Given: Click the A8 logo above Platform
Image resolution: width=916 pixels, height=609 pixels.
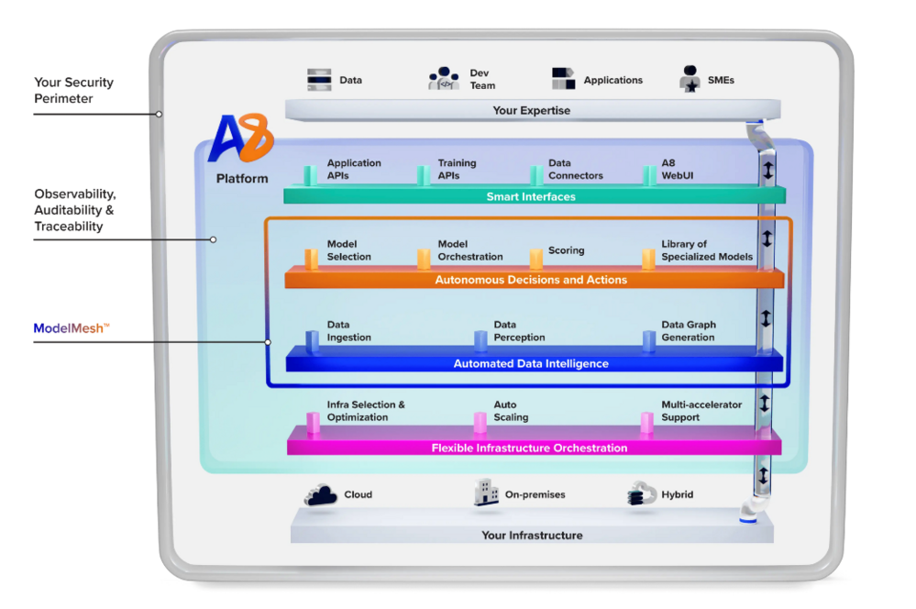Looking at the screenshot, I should pos(241,139).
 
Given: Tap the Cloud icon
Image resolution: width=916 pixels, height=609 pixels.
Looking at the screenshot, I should pos(321,495).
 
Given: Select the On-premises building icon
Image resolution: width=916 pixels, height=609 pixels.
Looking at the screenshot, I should pos(486,493).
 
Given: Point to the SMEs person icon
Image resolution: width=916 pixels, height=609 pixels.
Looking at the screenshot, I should pos(690,79).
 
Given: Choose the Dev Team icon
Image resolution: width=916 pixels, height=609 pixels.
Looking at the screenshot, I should pos(444,79).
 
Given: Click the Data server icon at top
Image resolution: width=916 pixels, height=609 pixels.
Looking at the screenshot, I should pos(319,80).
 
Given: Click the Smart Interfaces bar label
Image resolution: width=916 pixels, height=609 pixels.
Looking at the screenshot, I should pos(531,196).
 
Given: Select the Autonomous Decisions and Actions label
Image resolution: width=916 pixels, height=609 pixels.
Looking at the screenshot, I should pos(531,280).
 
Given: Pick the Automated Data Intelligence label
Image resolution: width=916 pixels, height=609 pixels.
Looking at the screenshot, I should pos(531,364).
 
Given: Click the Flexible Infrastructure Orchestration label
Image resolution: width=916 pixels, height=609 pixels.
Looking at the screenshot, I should pos(530,448).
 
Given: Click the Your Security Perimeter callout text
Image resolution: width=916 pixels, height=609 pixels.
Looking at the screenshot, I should pos(74,91).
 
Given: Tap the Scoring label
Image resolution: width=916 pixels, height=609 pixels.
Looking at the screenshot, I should pos(566,250).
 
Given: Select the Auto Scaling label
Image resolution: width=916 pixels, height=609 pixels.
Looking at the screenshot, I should pos(511,411).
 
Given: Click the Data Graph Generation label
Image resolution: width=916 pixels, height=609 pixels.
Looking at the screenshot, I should pos(688,331).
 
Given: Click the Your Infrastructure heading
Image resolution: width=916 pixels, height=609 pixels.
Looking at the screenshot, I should pos(532,535).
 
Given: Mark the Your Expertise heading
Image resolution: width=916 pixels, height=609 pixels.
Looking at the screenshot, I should pos(532,110).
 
